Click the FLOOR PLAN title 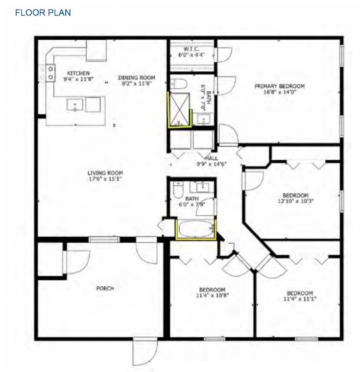(43, 12)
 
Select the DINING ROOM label (136, 78)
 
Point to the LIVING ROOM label (105, 172)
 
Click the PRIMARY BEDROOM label (279, 86)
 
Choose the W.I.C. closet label (191, 48)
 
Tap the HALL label (211, 158)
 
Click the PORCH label (105, 288)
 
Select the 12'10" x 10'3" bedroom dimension (295, 201)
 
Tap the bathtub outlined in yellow (196, 229)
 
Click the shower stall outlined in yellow (180, 109)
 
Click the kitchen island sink (75, 105)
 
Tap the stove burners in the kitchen (51, 73)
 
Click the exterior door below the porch (141, 352)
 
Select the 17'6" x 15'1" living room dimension (105, 179)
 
